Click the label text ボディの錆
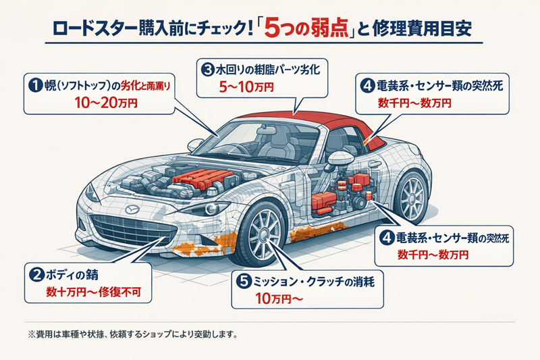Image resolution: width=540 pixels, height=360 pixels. coord(78,275)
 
